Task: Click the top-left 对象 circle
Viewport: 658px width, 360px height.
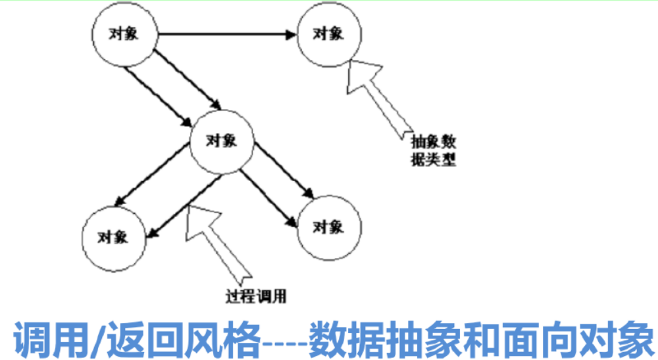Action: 126,35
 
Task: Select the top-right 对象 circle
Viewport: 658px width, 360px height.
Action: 328,34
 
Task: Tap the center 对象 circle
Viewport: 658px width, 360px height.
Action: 222,140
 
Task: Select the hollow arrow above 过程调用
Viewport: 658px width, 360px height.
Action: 217,240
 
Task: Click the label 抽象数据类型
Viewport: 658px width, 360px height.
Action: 433,150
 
